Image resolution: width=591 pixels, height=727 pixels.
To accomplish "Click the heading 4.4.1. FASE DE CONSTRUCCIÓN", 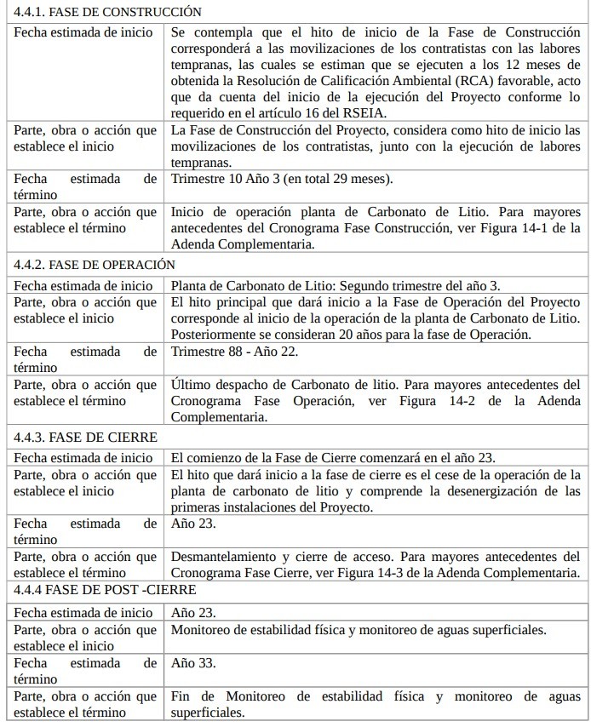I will click(108, 12).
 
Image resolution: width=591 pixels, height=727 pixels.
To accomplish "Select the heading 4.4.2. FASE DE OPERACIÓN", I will click(95, 265).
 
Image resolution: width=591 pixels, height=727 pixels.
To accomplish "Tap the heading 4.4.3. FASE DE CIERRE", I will click(85, 437).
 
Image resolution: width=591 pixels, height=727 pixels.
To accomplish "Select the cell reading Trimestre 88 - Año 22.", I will click(234, 351).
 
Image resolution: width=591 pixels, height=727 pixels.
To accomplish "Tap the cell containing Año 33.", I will click(193, 662).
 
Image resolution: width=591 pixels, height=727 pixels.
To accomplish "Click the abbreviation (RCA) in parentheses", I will click(477, 82).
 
